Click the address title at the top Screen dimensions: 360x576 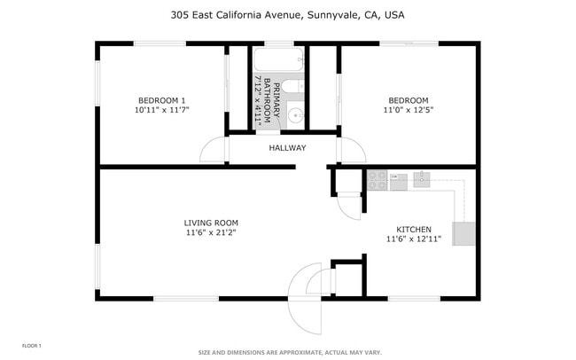[x=288, y=14]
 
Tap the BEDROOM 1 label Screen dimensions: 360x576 [x=161, y=99]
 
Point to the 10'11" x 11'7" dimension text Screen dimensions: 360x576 [x=161, y=110]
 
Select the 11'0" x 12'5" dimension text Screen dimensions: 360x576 [x=408, y=110]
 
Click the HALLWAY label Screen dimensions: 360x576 [x=287, y=148]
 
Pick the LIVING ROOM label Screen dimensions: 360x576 [x=211, y=223]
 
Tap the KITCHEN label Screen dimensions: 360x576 [x=413, y=228]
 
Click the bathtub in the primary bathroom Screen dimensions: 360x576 [x=278, y=60]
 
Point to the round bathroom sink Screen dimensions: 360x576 [x=295, y=115]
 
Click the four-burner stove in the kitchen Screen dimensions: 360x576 [x=378, y=180]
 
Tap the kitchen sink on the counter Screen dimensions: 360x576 [x=421, y=179]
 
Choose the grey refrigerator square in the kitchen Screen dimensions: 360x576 [x=464, y=234]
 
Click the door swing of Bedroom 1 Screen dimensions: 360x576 [x=214, y=151]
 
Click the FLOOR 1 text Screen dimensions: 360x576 [x=31, y=345]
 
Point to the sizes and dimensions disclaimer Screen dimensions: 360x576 [x=290, y=352]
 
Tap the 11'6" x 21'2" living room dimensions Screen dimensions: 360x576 [x=211, y=233]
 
